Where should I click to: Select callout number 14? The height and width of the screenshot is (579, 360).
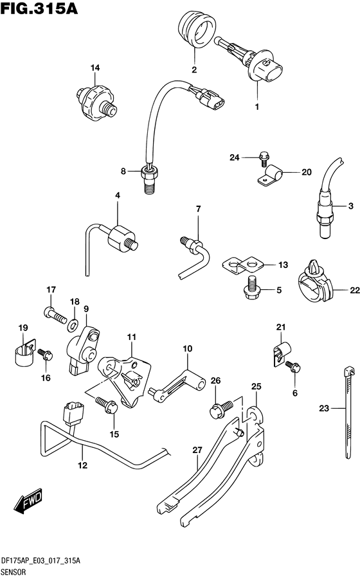tap(95, 68)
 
